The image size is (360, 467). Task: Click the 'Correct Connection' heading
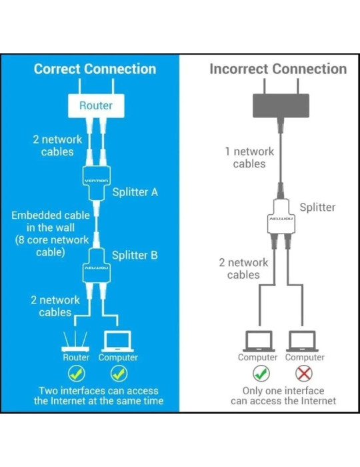(95, 69)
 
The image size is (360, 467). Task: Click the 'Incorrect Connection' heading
(278, 69)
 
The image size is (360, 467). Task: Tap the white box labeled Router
(96, 105)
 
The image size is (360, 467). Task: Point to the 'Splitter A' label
(135, 192)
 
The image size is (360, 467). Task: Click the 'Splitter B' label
(135, 256)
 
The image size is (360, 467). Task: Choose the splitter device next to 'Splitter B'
(96, 266)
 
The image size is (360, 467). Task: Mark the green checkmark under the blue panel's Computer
(119, 374)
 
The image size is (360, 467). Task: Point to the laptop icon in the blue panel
(118, 342)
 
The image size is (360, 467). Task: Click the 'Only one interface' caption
(283, 395)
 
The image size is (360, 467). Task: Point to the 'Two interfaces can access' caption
(99, 395)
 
